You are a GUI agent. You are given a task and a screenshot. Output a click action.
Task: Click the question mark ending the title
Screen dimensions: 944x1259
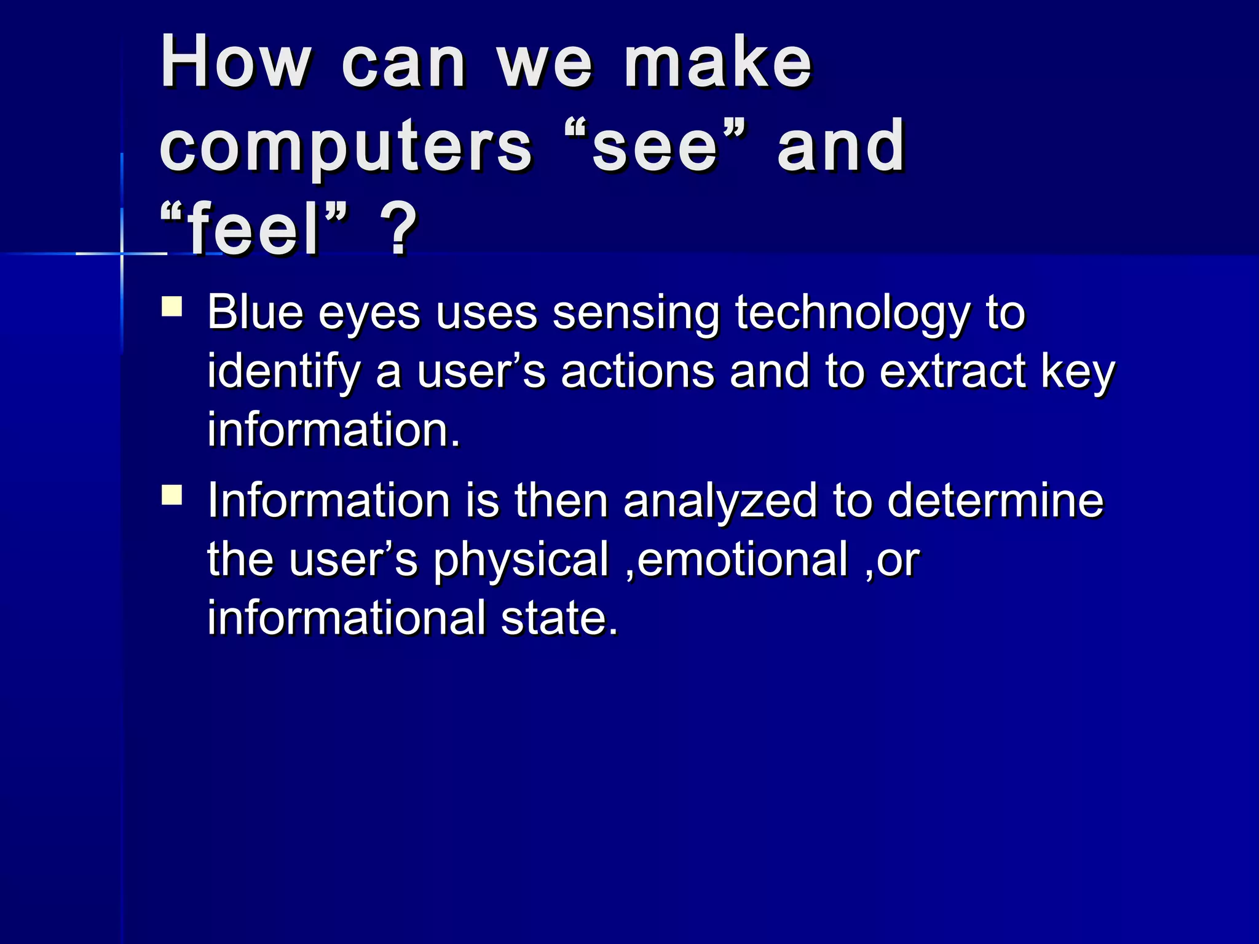click(x=398, y=230)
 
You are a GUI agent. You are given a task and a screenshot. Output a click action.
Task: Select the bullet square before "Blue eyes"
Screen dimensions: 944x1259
click(x=172, y=307)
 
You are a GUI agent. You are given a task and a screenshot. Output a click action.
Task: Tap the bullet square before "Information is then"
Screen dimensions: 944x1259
click(x=172, y=495)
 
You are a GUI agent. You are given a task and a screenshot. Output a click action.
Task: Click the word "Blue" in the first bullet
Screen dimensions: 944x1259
click(x=255, y=313)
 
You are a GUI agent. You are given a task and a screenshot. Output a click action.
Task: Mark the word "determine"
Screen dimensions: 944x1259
click(x=995, y=500)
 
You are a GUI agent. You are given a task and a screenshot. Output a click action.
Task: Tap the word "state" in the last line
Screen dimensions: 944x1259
click(x=559, y=618)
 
